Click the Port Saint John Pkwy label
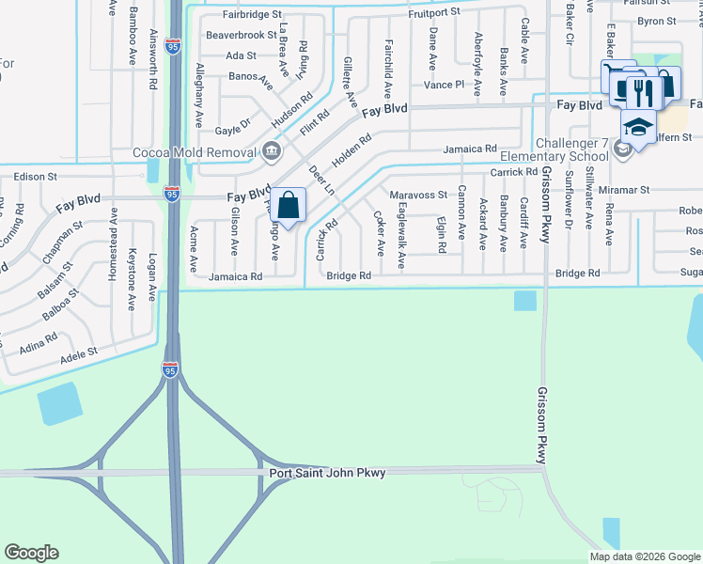pos(327,473)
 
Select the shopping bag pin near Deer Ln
pos(289,203)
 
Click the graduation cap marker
pos(637,125)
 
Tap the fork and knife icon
pos(643,90)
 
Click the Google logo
pos(32,553)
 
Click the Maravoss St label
pos(419,195)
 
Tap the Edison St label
pos(37,176)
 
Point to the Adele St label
pos(78,354)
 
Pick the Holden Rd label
pos(352,149)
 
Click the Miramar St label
pos(624,190)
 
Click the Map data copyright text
pos(643,556)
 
